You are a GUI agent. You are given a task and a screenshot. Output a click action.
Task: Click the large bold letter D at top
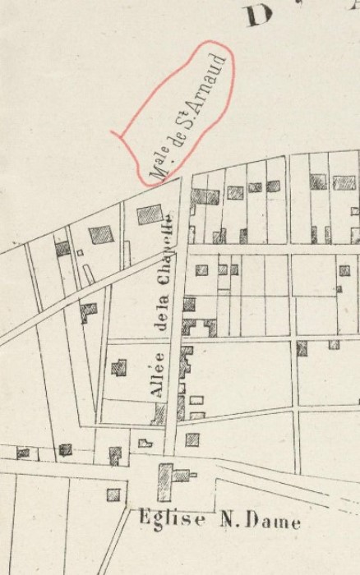coord(257,16)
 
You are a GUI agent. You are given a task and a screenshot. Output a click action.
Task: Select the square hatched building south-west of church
coord(113,494)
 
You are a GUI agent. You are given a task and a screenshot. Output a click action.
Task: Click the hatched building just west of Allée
coord(119,366)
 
